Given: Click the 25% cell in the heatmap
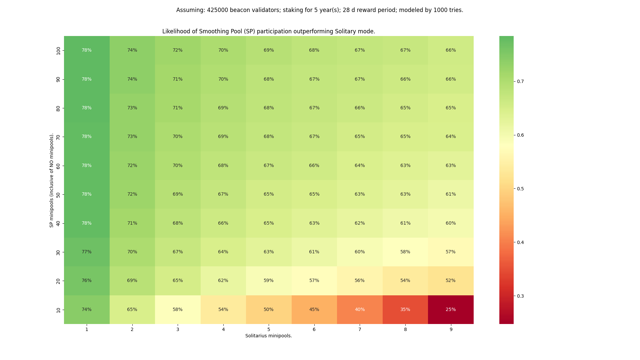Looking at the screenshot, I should [x=451, y=309].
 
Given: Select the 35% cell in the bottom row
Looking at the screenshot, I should [x=405, y=309].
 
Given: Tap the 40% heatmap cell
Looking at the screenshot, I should [x=360, y=309].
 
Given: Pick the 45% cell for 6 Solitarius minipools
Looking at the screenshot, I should [x=314, y=309].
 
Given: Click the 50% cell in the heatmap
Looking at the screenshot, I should [x=269, y=309].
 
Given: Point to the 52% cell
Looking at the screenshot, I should [x=451, y=281].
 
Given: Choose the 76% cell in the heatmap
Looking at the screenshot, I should [x=87, y=281].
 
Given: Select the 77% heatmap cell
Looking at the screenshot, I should [x=87, y=252].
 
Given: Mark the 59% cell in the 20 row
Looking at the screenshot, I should [x=269, y=281].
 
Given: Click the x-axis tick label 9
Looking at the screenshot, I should [x=451, y=329].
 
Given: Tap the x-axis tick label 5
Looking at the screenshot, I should [x=269, y=329].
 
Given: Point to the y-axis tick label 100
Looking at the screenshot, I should [x=59, y=51].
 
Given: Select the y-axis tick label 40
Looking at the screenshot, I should [x=59, y=223].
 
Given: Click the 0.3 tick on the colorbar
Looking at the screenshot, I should [x=520, y=296].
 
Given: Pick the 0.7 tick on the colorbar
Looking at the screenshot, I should [x=520, y=81].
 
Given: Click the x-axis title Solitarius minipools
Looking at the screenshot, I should [x=269, y=336].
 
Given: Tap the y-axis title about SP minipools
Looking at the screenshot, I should [x=52, y=180].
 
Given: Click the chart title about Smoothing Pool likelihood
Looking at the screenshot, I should [x=269, y=31].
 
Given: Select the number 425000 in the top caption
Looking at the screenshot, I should [x=217, y=10].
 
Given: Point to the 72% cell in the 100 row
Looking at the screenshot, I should [x=178, y=50].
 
